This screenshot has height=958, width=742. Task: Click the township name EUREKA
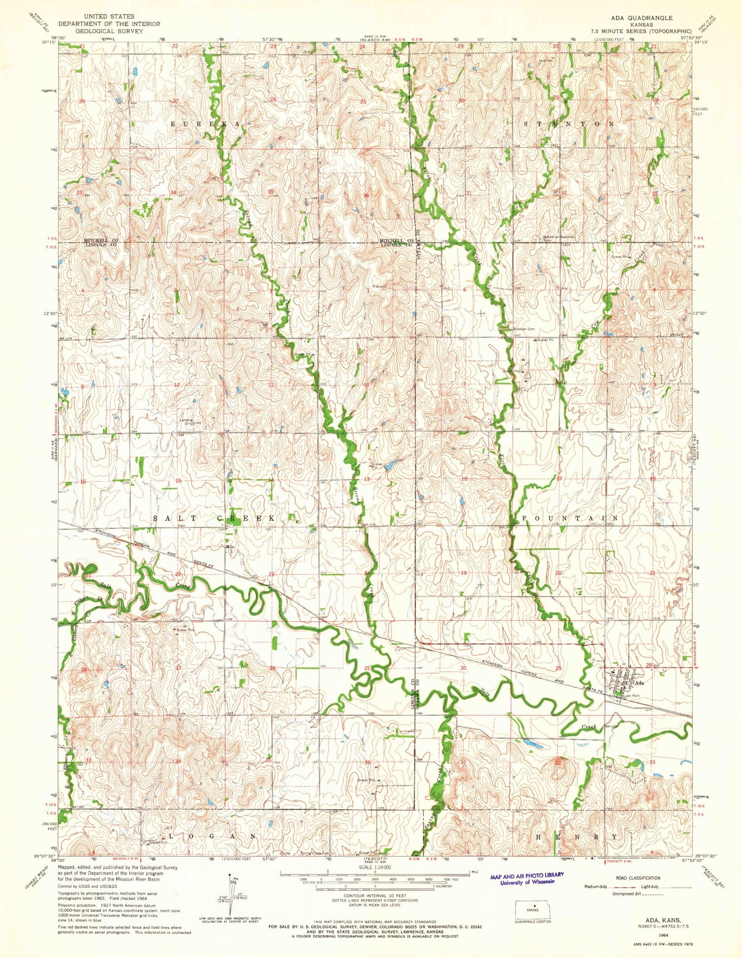click(x=208, y=125)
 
